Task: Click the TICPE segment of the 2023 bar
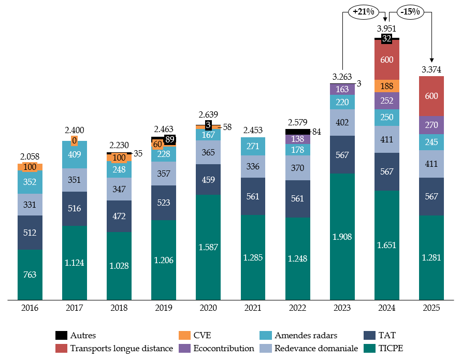[x=342, y=237]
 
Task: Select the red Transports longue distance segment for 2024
[x=387, y=60]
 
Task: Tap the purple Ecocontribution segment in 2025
[x=431, y=125]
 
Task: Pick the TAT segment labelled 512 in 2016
[x=30, y=233]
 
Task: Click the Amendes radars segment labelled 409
[x=75, y=154]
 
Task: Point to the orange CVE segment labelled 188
[x=387, y=85]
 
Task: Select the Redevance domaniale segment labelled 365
[x=209, y=152]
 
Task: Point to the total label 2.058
[x=30, y=155]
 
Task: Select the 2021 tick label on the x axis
[x=253, y=308]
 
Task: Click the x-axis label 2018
[x=120, y=308]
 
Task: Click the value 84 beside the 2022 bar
[x=316, y=132]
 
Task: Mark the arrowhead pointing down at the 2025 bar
[x=431, y=61]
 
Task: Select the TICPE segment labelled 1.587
[x=209, y=247]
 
